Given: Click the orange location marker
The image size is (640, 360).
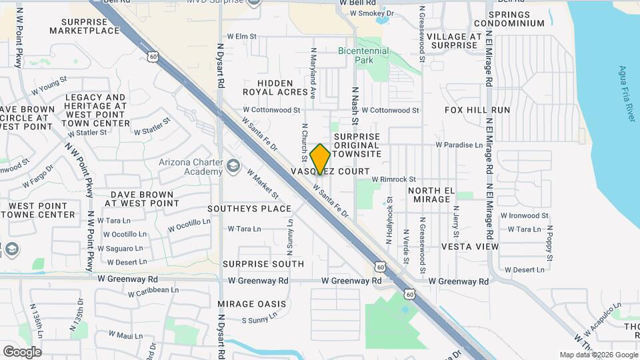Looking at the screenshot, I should coord(320,159).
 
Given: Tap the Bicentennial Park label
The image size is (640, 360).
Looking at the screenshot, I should coord(365,55).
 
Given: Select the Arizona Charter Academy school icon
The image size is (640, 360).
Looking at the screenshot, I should coord(233,165).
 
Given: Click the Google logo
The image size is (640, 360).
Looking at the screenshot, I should coord(22,351).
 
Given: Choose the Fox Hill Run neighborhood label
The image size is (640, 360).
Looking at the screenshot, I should coord(477,110).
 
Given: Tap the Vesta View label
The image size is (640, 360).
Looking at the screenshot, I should coord(469,247).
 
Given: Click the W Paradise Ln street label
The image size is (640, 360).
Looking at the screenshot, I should coord(459,145).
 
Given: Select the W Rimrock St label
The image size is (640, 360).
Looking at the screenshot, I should coord(393,179).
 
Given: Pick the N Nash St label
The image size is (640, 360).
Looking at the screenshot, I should coord(355,101).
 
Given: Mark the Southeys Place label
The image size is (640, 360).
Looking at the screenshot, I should coord(249,209).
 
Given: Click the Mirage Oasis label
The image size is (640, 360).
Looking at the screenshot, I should coord(251,304).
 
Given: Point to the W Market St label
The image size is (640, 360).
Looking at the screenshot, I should coord(262,183).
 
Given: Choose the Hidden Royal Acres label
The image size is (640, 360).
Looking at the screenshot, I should coord(276,87).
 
